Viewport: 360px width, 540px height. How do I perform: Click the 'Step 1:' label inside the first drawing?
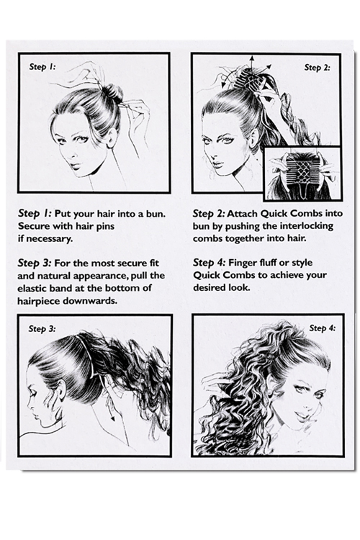pyautogui.click(x=42, y=66)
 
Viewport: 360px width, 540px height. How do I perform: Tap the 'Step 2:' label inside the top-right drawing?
pyautogui.click(x=317, y=68)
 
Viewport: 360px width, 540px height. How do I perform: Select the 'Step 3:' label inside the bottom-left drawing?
pyautogui.click(x=42, y=328)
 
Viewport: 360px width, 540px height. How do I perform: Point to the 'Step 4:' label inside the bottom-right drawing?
pyautogui.click(x=322, y=328)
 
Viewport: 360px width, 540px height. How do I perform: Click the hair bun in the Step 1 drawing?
pyautogui.click(x=112, y=92)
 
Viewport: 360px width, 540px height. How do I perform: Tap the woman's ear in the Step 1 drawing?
pyautogui.click(x=112, y=138)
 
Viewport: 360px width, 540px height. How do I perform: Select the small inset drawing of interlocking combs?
pyautogui.click(x=302, y=174)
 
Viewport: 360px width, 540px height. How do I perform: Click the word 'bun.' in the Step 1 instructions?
pyautogui.click(x=156, y=214)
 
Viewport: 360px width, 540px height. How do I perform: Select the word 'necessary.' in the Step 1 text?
pyautogui.click(x=49, y=238)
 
